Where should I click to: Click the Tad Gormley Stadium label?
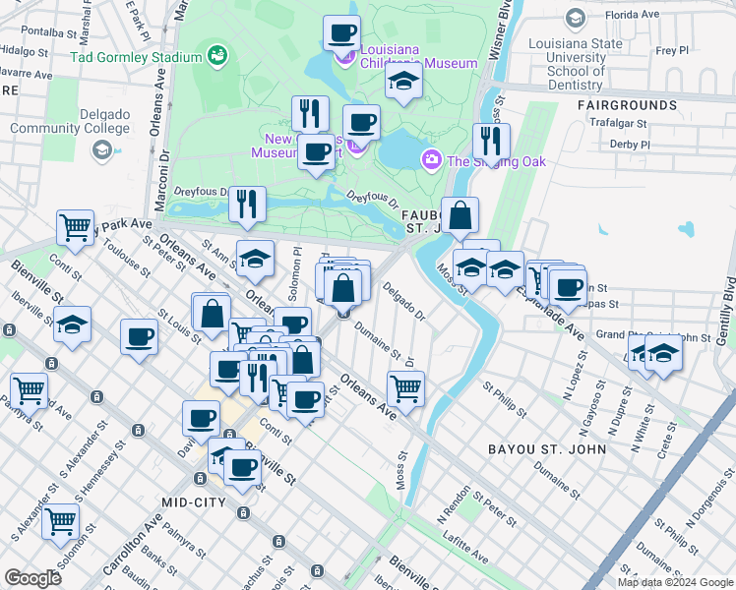[135, 57]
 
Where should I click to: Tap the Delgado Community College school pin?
[101, 150]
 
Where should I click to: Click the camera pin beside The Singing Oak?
[431, 160]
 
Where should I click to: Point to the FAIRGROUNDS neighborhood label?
[625, 103]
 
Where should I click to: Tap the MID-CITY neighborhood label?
[194, 501]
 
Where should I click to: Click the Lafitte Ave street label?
[463, 558]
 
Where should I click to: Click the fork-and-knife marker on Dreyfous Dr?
[248, 204]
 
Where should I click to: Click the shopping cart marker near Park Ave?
[75, 228]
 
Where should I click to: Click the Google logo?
[33, 578]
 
